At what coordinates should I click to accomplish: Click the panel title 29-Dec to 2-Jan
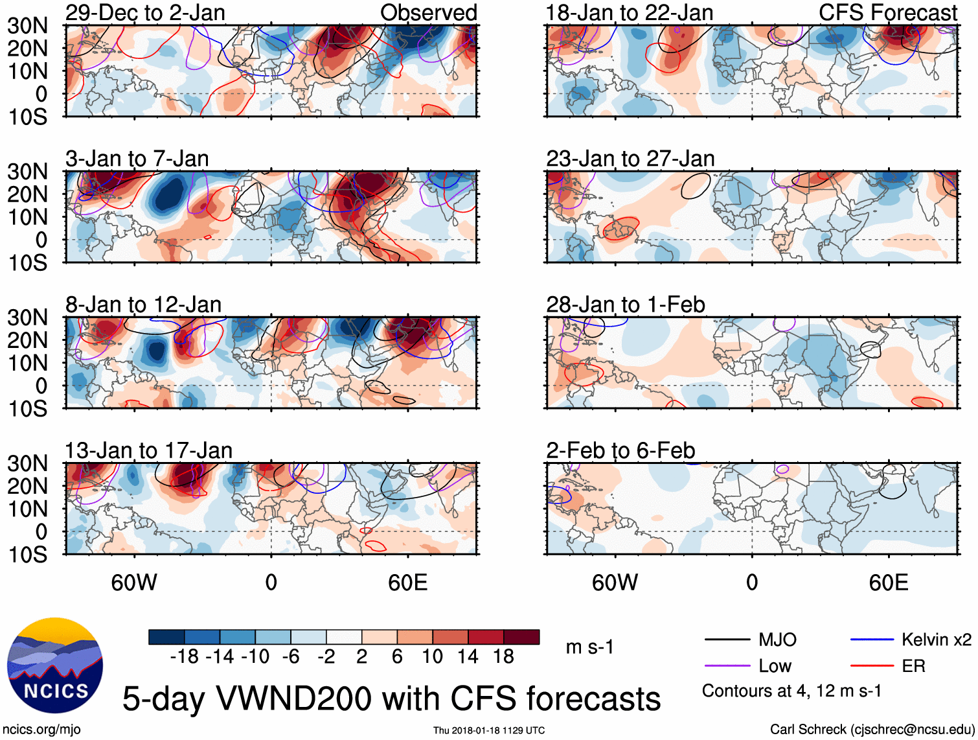tap(145, 12)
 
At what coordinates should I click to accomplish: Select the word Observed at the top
tap(428, 12)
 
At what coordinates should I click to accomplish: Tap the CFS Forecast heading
tap(887, 12)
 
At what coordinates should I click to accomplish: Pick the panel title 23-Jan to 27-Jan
tap(630, 158)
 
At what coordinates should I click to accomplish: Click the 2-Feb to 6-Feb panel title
tap(620, 450)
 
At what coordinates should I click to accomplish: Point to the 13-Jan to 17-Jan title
tap(148, 450)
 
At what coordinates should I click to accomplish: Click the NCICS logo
tap(55, 665)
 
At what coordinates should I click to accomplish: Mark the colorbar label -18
tap(185, 656)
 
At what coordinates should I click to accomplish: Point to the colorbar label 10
tap(432, 656)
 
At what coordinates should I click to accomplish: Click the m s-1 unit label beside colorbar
tap(589, 647)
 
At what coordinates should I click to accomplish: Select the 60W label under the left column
tap(134, 583)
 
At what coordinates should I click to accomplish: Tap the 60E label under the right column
tap(888, 583)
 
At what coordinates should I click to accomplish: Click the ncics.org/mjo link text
tap(41, 730)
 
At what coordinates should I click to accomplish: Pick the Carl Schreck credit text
tap(872, 730)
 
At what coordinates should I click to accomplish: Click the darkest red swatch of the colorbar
tap(521, 637)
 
